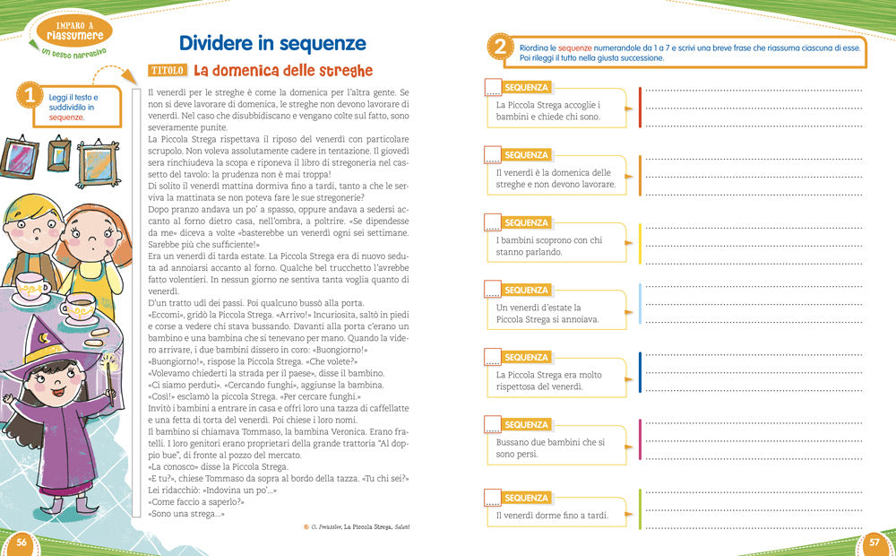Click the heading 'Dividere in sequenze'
[272, 42]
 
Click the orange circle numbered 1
[30, 97]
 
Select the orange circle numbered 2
[500, 48]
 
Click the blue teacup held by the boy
[35, 288]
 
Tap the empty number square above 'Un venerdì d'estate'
[492, 290]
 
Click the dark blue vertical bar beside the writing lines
[640, 372]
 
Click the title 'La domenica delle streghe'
[282, 70]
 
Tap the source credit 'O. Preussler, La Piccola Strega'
[363, 527]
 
